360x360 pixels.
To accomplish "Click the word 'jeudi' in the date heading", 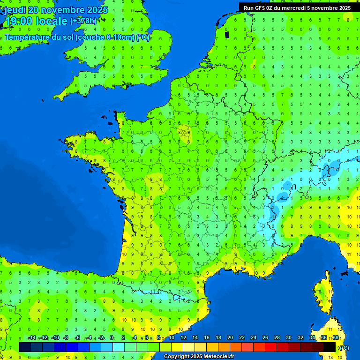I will click(x=15, y=10).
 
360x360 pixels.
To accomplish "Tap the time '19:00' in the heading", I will click(x=19, y=21).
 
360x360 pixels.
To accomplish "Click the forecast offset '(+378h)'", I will click(x=83, y=21).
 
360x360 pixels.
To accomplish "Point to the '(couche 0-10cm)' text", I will click(x=105, y=37).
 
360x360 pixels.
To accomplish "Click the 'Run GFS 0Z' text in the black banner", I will click(x=259, y=7).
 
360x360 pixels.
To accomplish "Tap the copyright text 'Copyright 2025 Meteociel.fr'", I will click(x=198, y=357).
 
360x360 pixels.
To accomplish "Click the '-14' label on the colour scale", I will click(x=32, y=338).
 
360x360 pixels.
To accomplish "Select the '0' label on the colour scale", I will click(x=112, y=338).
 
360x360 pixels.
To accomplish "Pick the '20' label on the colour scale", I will click(x=230, y=338).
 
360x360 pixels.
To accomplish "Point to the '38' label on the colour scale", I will click(x=336, y=338).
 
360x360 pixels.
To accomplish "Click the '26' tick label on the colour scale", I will click(x=265, y=338).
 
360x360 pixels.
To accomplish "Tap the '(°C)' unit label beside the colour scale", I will click(x=344, y=348).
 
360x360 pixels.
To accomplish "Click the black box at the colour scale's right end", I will click(x=330, y=347).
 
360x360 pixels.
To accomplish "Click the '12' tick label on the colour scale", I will click(x=183, y=338).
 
